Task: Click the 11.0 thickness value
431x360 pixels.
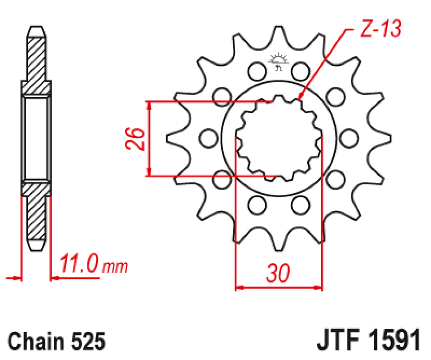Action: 79,264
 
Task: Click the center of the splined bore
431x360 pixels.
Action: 279,139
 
